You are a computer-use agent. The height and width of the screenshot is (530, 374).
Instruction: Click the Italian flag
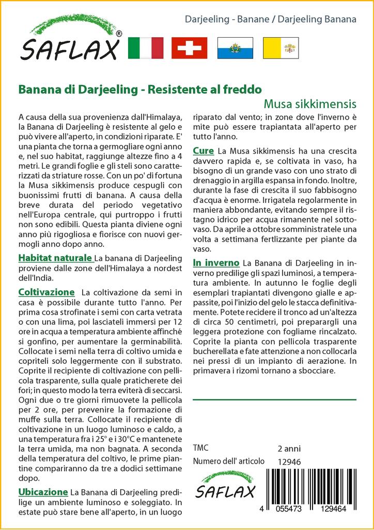point(145,48)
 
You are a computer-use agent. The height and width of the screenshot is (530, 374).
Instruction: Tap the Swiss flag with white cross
point(189,48)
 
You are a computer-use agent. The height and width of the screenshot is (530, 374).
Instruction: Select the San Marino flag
point(235,48)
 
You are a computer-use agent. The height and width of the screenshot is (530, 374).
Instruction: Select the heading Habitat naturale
point(55,258)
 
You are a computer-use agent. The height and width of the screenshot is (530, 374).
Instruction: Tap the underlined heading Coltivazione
point(46,292)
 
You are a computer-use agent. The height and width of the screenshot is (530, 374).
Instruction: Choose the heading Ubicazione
point(43,492)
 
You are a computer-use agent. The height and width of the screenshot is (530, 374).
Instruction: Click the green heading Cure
point(204,151)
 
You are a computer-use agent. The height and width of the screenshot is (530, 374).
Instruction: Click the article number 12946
point(289,462)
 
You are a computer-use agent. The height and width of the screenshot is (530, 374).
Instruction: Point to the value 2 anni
point(289,448)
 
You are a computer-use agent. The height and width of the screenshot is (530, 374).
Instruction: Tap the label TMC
point(200,448)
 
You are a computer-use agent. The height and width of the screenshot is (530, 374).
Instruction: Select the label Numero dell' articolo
point(228,462)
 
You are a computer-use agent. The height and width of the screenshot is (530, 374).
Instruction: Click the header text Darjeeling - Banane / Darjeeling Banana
point(271,20)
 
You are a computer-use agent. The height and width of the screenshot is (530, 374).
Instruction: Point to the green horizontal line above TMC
point(274,400)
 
